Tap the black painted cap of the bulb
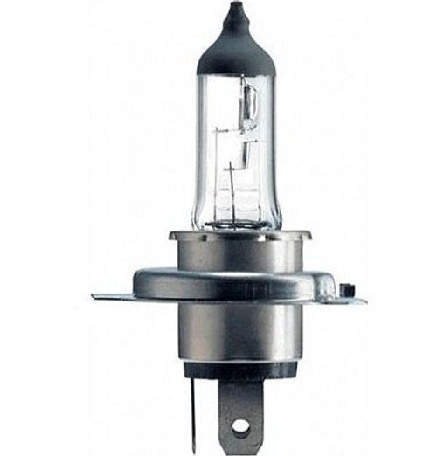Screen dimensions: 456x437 tap(233, 44)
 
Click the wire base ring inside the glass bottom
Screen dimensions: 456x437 tap(233, 218)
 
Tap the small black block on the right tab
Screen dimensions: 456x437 tap(347, 287)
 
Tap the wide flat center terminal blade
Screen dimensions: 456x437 tap(240, 415)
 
